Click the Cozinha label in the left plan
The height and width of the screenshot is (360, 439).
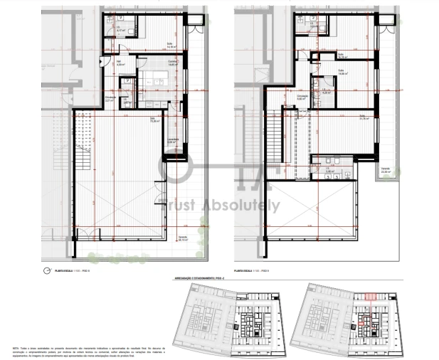172,63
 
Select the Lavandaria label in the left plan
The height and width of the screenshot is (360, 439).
171,141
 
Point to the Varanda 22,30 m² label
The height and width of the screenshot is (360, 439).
386,170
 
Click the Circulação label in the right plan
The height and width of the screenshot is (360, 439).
302,97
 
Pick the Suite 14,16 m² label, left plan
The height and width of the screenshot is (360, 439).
171,44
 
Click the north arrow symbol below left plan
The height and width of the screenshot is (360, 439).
47,270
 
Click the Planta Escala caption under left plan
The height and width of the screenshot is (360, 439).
72,271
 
